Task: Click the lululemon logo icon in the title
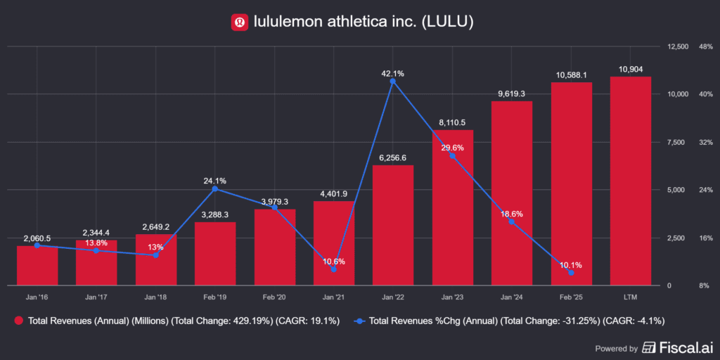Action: pos(240,22)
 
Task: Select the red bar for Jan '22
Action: pos(393,225)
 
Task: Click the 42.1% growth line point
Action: pos(393,82)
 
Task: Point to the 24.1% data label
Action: pos(215,180)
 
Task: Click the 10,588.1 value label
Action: pos(571,75)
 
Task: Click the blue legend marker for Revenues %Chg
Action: pos(359,321)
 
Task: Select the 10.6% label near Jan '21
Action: pos(333,262)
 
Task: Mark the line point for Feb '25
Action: pos(571,273)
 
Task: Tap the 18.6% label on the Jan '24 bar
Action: pos(511,214)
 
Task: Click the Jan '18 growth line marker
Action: pos(156,255)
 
